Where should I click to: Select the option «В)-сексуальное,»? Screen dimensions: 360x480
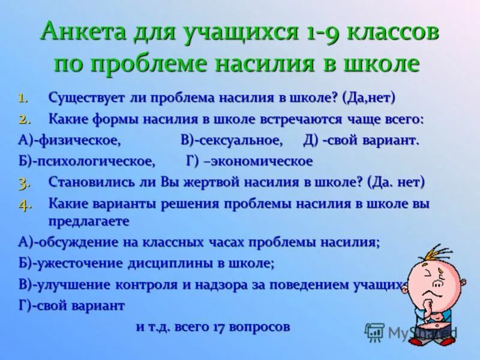(232, 140)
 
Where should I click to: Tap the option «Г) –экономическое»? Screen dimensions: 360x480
(249, 161)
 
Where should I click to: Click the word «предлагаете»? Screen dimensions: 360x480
(89, 221)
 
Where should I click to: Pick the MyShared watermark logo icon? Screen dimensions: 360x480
(374, 332)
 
